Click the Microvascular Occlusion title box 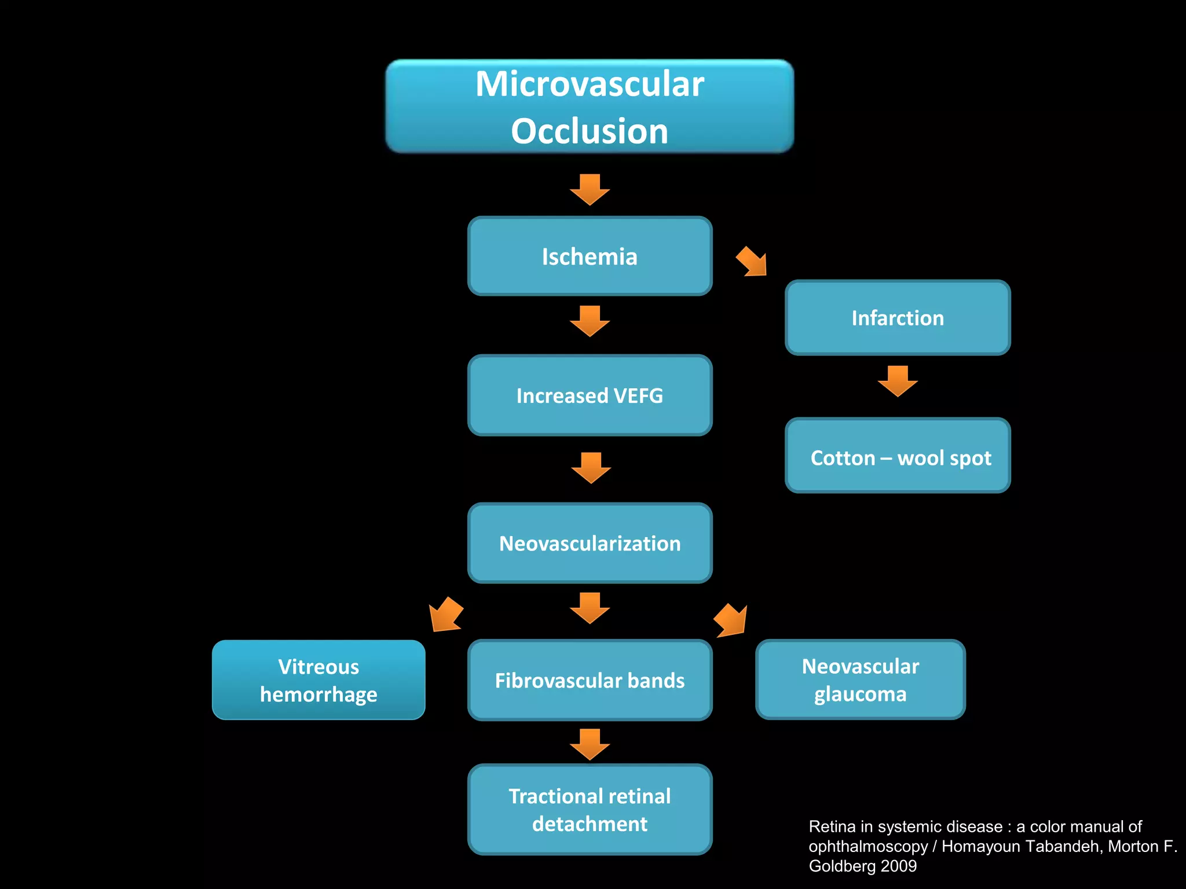click(590, 106)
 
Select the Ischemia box click(590, 256)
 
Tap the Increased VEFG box click(590, 395)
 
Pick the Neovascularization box click(590, 543)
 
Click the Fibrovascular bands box click(590, 680)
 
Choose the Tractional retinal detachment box click(590, 809)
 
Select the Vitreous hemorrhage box click(319, 680)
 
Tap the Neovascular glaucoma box click(860, 679)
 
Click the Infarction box click(898, 318)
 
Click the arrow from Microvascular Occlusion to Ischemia click(590, 190)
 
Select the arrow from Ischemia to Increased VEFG click(590, 321)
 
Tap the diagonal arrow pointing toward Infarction click(752, 262)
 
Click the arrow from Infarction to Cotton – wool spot click(898, 381)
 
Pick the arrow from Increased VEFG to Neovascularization click(591, 468)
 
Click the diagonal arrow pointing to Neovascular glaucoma click(731, 620)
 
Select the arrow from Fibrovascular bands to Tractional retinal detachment click(590, 744)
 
